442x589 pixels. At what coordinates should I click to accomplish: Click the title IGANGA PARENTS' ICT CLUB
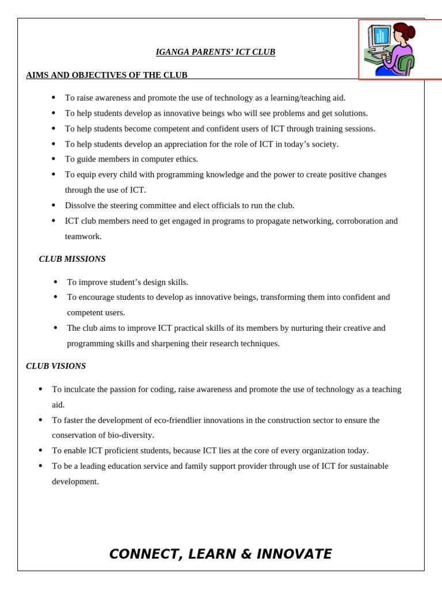(215, 52)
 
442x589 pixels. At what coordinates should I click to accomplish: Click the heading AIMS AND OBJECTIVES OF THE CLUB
(106, 75)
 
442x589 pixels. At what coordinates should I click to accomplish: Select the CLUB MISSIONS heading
(72, 259)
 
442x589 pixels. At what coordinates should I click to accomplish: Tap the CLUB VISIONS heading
(56, 366)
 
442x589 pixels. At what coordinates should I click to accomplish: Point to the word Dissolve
(81, 205)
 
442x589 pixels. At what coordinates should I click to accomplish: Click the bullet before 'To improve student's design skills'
(55, 282)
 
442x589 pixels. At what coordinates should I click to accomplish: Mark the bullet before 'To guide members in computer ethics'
(54, 159)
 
